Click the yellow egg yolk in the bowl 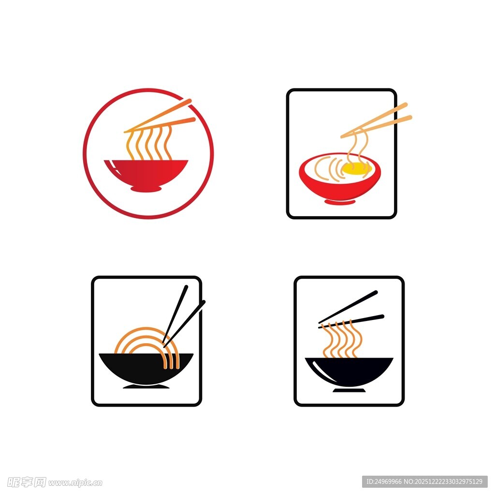[354, 168]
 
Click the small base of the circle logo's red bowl [146, 189]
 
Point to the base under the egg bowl [340, 202]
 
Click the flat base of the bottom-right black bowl [349, 391]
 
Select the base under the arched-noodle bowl [146, 387]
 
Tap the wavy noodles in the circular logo [149, 144]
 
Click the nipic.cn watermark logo [54, 482]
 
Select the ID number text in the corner [424, 482]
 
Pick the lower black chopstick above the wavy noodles [351, 321]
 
